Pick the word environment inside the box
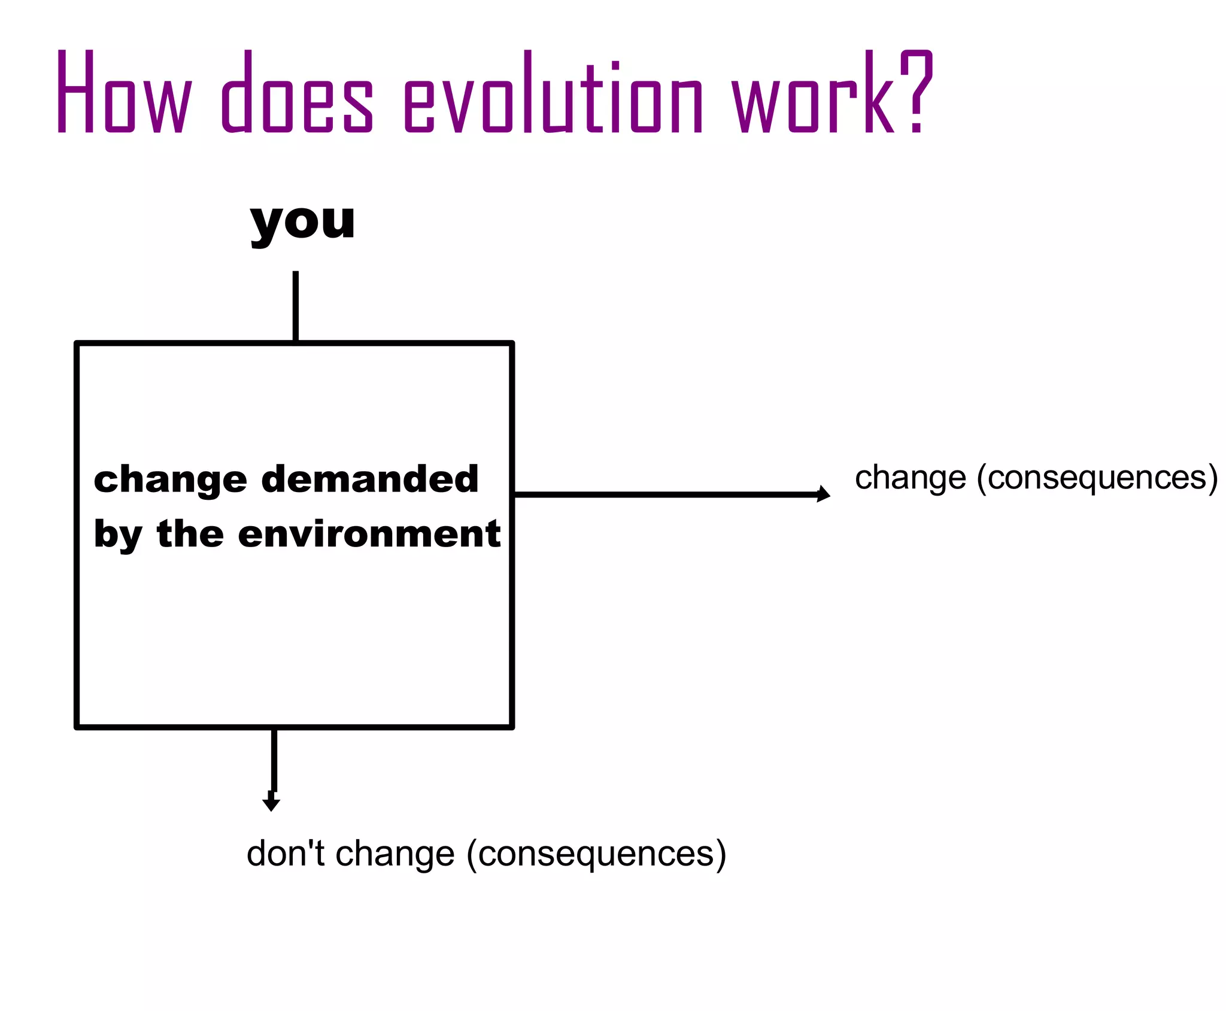369,534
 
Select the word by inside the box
117,535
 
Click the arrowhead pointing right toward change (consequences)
824,494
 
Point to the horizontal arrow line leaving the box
664,494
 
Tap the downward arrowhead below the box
271,803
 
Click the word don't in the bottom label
285,854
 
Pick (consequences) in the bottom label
596,854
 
